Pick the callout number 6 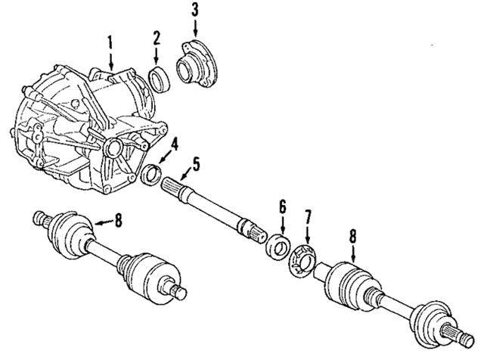click(282, 206)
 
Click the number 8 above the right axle click(353, 235)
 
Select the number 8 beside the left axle click(118, 220)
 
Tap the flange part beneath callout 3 click(196, 66)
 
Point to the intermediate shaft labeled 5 click(212, 205)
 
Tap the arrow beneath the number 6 click(282, 224)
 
